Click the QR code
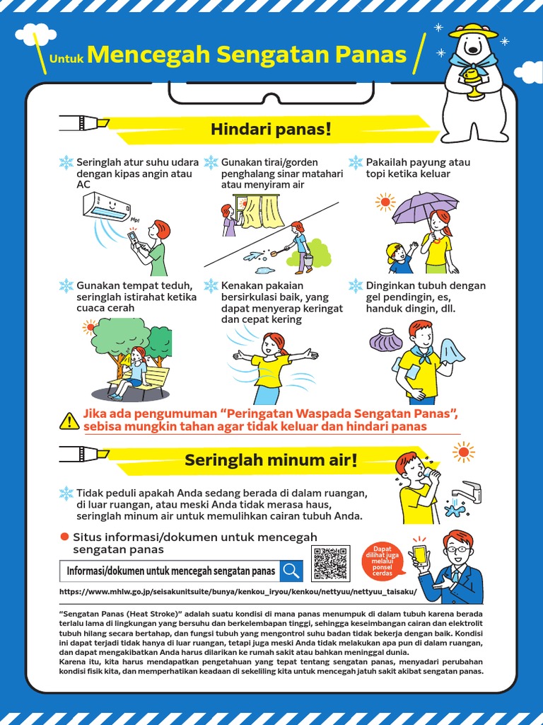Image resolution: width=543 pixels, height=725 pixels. click(x=330, y=564)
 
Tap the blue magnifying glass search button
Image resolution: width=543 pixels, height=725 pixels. click(x=291, y=571)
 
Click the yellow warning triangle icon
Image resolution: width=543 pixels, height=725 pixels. click(x=69, y=421)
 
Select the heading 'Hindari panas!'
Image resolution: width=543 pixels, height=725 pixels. click(x=271, y=130)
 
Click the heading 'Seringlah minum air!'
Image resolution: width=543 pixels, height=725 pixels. click(x=271, y=460)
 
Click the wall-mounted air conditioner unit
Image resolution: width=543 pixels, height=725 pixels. click(x=107, y=207)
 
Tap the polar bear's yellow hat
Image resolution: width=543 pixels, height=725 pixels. click(x=473, y=31)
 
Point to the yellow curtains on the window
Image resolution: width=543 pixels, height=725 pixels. click(x=262, y=211)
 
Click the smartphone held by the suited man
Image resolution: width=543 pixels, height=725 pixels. click(x=420, y=554)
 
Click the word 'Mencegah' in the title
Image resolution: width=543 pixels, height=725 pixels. click(x=150, y=55)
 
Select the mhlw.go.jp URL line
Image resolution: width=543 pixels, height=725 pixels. click(x=238, y=591)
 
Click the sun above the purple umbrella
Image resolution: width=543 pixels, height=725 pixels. click(x=385, y=202)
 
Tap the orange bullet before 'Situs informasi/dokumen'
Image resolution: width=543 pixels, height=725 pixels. click(x=64, y=537)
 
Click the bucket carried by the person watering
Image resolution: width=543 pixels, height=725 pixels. click(x=308, y=260)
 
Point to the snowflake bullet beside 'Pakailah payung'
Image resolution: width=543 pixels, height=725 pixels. click(x=356, y=163)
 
